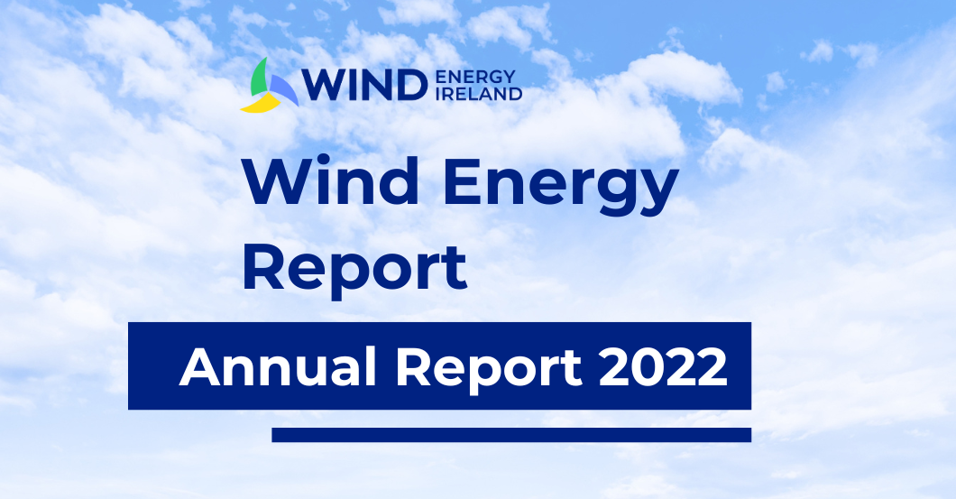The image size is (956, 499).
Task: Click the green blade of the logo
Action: pyautogui.click(x=259, y=79)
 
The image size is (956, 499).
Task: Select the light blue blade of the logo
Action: pyautogui.click(x=284, y=89)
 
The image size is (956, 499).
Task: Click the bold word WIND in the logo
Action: pyautogui.click(x=365, y=85)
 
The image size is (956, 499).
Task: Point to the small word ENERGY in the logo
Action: pyautogui.click(x=476, y=77)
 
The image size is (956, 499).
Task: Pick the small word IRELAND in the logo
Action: pyautogui.click(x=479, y=93)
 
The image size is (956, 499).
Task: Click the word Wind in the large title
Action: pyautogui.click(x=330, y=181)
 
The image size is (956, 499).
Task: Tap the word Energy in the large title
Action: pyautogui.click(x=561, y=186)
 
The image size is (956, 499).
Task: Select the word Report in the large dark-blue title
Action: pyautogui.click(x=354, y=270)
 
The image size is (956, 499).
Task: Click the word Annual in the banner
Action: pyautogui.click(x=278, y=366)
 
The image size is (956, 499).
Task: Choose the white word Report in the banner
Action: pyautogui.click(x=489, y=370)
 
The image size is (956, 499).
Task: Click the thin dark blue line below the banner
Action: pyautogui.click(x=511, y=435)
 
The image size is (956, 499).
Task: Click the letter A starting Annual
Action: pyautogui.click(x=199, y=367)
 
